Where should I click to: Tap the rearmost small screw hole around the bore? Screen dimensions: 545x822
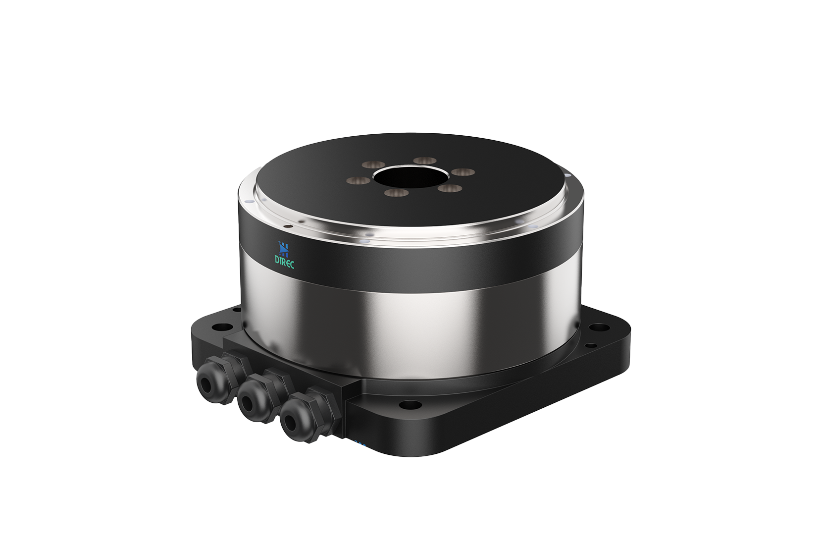tap(424, 161)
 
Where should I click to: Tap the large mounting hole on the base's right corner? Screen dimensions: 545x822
tap(600, 327)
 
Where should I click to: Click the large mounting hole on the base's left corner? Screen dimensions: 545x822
tap(218, 327)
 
